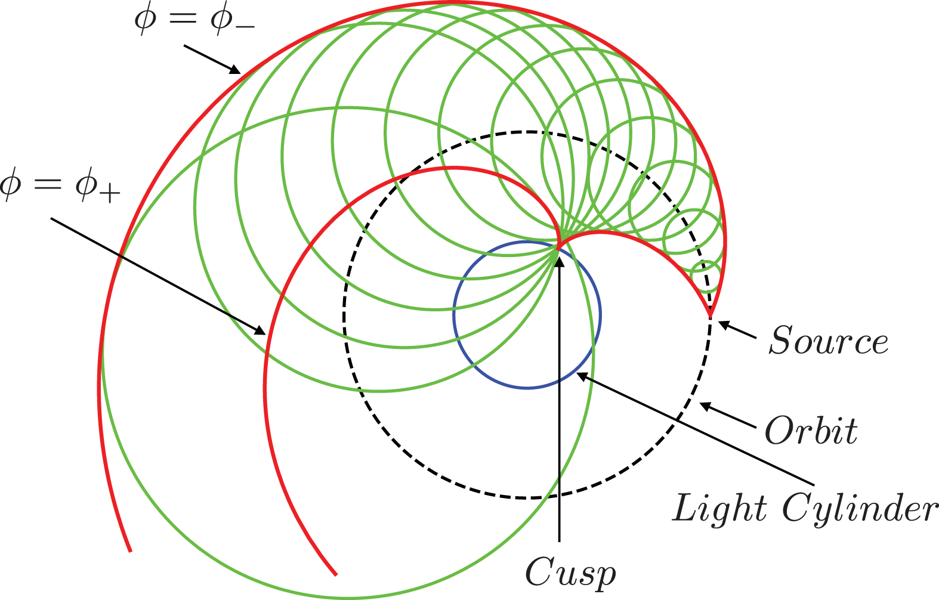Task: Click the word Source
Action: point(828,341)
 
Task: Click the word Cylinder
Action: point(860,510)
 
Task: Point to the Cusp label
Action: point(570,573)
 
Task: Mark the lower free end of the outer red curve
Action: point(130,550)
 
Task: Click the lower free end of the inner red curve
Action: point(336,574)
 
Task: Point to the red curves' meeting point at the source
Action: point(711,314)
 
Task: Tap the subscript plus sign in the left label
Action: point(109,194)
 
